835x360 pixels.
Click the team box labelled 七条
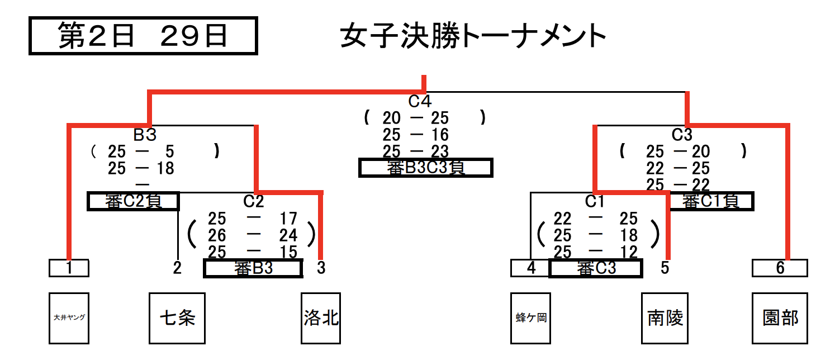tap(177, 318)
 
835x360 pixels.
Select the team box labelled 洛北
tap(321, 318)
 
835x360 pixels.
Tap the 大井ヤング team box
tap(69, 318)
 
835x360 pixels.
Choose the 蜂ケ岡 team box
tap(531, 318)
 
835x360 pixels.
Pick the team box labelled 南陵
tap(665, 318)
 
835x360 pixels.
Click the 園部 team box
tap(780, 318)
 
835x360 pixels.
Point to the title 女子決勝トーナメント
tap(473, 37)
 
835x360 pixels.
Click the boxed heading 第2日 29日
tap(143, 36)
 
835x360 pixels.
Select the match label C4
tap(420, 102)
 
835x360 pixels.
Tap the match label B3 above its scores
tap(145, 135)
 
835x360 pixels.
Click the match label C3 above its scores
tap(682, 135)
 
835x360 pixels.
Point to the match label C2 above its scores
tap(254, 201)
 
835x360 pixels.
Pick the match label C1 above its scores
tap(595, 201)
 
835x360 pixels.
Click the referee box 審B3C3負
tap(426, 168)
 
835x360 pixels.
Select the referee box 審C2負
tap(134, 201)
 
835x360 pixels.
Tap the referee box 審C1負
tap(711, 201)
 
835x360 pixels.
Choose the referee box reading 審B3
tap(253, 268)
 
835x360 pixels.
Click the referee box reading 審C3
tap(596, 268)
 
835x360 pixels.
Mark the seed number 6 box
tap(780, 268)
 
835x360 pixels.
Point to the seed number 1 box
tap(69, 268)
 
